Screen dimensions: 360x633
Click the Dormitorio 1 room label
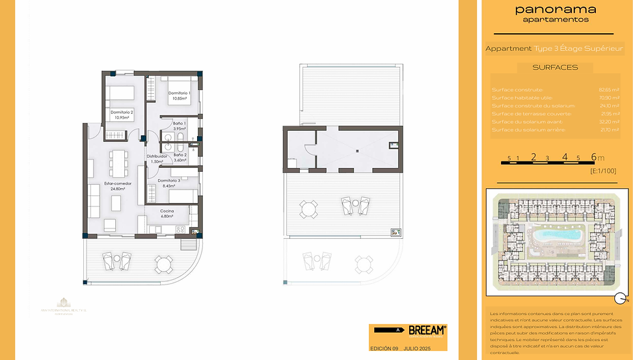tap(180, 93)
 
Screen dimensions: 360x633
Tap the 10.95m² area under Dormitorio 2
tap(123, 118)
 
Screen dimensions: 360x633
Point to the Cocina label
tap(167, 211)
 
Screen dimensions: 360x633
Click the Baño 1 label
tap(180, 123)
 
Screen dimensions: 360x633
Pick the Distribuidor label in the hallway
tap(157, 156)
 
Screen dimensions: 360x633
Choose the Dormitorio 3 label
tap(169, 180)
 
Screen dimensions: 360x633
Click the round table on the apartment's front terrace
tap(163, 264)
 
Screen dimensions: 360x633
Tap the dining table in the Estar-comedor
tap(118, 159)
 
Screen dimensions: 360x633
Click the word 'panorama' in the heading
tap(555, 9)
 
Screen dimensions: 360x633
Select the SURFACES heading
tap(555, 67)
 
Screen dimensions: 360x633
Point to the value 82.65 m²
tap(609, 90)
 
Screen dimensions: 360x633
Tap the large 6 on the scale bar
tap(593, 156)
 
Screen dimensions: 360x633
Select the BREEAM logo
tap(427, 330)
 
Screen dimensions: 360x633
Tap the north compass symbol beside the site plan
tap(620, 299)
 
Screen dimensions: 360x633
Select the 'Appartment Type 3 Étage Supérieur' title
tap(554, 48)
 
